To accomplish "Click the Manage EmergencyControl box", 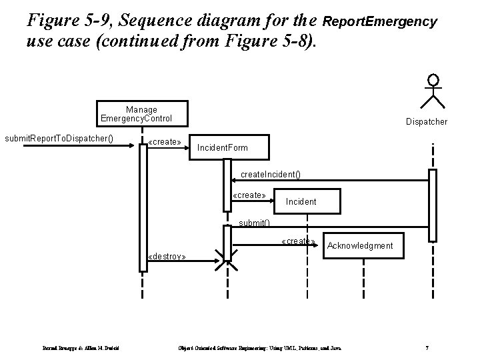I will pos(141,114).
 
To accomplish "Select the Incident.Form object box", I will pos(223,146).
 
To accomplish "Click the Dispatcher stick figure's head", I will pos(434,81).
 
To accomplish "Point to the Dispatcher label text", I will pos(427,122).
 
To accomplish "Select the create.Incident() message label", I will pos(270,175).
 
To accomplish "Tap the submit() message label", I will pos(254,223).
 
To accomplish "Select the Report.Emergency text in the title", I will pos(379,22).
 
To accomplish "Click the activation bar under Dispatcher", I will pos(433,205).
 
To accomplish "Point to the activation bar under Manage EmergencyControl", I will pos(143,207).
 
